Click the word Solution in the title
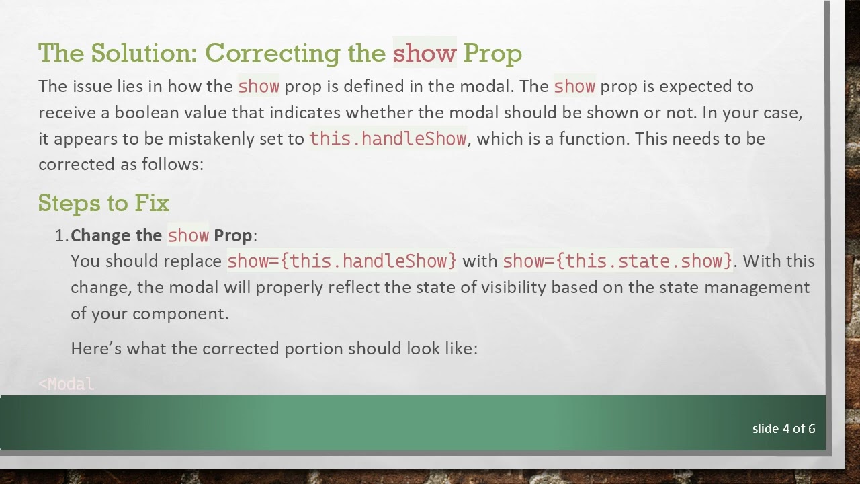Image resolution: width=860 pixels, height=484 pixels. coord(143,53)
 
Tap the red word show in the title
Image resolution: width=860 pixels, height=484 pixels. coord(424,53)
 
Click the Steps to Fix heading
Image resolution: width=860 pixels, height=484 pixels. coord(103,203)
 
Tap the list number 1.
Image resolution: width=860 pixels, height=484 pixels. coord(60,235)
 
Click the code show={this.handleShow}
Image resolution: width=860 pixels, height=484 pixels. coord(341,261)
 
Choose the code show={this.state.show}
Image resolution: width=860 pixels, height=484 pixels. coord(617,261)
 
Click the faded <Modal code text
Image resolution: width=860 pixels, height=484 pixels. coord(67,385)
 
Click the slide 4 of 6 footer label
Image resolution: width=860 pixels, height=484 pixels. coord(783,428)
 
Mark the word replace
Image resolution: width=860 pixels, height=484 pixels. coord(196,261)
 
